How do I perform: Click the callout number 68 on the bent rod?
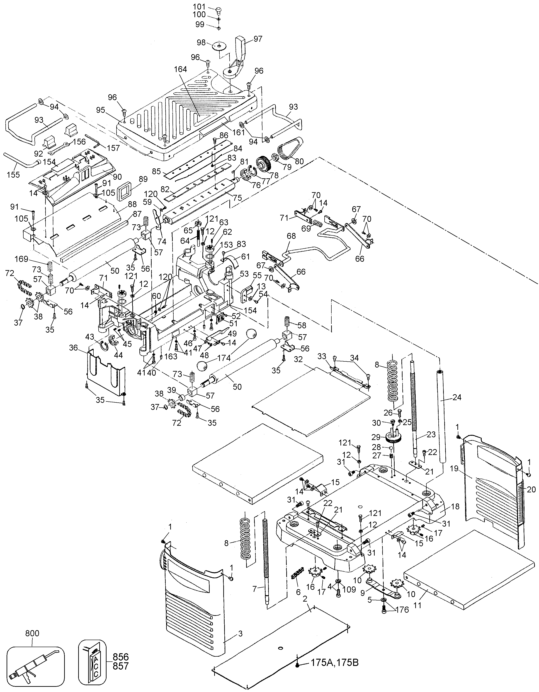point(291,236)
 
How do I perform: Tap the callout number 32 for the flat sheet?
point(299,359)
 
